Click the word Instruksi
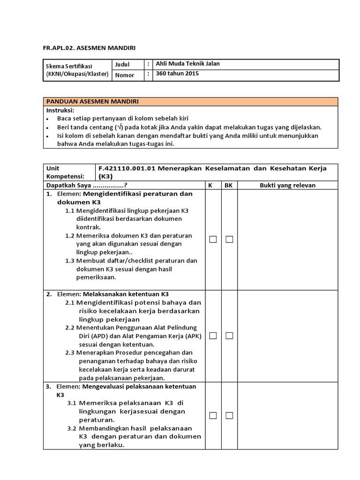[60, 110]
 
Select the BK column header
[229, 185]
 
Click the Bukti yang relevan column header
[288, 185]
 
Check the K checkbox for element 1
[213, 240]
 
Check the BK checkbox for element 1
[229, 240]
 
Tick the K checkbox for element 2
[213, 336]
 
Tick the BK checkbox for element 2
[229, 336]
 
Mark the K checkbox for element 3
[213, 415]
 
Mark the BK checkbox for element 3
[229, 415]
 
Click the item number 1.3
[70, 261]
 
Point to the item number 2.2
[70, 327]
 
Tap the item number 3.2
[72, 428]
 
